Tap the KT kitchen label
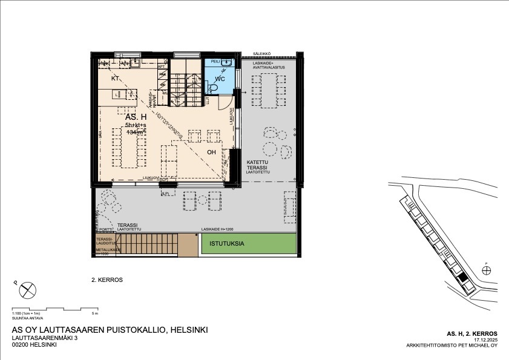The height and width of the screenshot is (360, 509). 115,79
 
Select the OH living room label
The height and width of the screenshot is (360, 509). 212,152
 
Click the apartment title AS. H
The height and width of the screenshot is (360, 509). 136,116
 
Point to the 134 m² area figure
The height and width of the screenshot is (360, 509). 136,132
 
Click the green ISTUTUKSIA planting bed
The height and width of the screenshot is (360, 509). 248,244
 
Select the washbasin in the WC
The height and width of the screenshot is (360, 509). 227,62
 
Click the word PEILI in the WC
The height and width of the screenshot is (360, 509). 215,62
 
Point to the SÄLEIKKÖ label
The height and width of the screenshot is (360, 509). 261,53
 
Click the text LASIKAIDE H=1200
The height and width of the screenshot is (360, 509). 217,229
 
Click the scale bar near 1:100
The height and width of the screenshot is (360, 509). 54,309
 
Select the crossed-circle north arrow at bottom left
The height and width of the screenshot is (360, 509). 28,291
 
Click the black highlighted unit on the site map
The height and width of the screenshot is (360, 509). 463,278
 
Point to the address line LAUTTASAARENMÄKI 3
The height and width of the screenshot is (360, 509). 45,338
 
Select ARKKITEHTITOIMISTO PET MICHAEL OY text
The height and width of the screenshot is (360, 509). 452,346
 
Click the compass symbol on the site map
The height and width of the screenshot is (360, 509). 487,270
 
